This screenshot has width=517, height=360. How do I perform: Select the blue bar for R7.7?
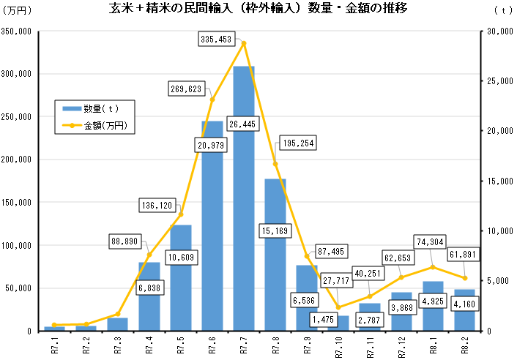(x=244, y=198)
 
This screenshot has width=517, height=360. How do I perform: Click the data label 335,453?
(x=220, y=39)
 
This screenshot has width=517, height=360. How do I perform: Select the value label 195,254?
(x=297, y=143)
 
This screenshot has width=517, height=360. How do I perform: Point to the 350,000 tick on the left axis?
(x=15, y=32)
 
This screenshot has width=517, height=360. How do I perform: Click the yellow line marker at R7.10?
(x=338, y=307)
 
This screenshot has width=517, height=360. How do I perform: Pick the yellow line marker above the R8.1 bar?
(x=434, y=267)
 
